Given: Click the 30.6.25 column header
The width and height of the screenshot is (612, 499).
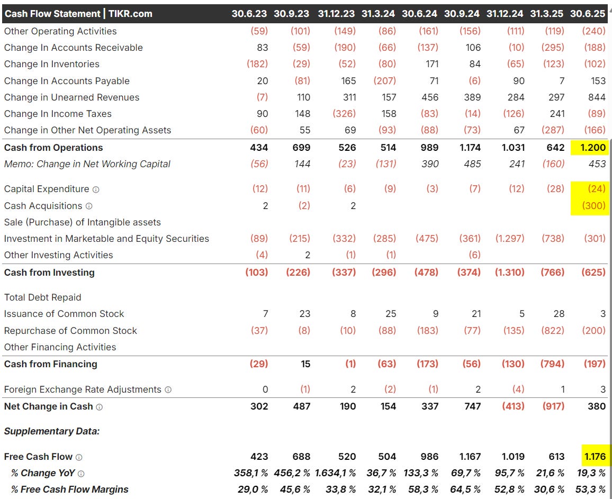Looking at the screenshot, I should click(588, 14).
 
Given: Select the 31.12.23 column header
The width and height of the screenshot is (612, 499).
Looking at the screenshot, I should click(337, 14).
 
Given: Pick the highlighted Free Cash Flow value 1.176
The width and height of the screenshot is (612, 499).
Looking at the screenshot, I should click(593, 457).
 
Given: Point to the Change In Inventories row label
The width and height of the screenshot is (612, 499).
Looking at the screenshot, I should click(52, 64).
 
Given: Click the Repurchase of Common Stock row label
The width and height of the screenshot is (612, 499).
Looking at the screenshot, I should click(70, 331).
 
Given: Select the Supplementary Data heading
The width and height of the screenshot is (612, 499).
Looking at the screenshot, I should click(52, 431).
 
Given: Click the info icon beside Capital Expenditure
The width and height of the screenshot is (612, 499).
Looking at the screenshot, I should click(96, 189).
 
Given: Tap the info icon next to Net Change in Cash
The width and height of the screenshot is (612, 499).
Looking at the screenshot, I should click(100, 407).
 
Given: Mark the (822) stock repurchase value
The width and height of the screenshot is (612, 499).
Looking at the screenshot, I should click(554, 331).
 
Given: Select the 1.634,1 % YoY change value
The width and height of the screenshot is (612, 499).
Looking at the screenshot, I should click(336, 473).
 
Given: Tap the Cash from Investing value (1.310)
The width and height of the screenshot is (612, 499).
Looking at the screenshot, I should click(509, 273).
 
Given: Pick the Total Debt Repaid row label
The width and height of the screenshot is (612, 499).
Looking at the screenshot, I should click(43, 297).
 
